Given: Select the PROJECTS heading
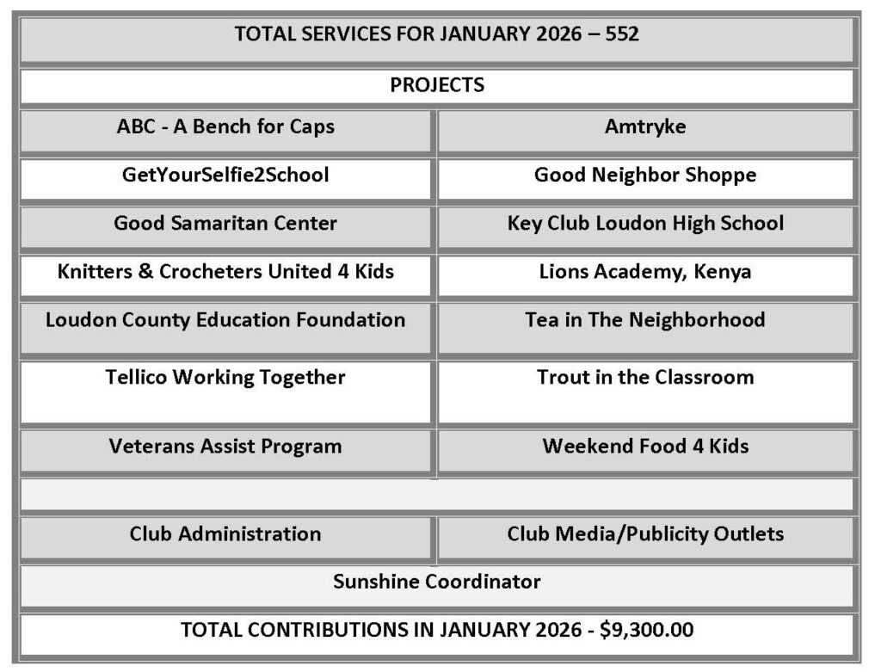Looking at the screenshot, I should pos(437,85).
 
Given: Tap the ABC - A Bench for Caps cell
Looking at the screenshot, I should pos(225,127).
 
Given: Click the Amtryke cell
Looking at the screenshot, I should pos(645,127).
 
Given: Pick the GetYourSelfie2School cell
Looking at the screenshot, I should pos(225,176).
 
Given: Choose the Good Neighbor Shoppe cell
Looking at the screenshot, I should pos(645,176).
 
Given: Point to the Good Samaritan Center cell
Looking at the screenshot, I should pos(225,224).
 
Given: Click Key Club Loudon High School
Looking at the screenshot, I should pos(645,224).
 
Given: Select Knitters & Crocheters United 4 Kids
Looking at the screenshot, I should pos(225,272).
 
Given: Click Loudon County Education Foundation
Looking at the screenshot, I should pos(225,320).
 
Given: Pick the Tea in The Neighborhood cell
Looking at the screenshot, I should pos(645,320).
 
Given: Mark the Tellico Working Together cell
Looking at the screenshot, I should pos(225,378).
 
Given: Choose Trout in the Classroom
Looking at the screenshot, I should pos(645,378).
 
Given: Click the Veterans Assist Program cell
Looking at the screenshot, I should pos(225,447).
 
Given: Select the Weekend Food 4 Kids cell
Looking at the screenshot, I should pos(645,447).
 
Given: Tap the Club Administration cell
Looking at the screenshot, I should pos(225,534).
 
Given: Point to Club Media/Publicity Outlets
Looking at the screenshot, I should pos(645,534).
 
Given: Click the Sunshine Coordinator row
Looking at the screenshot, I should pos(437,583).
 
